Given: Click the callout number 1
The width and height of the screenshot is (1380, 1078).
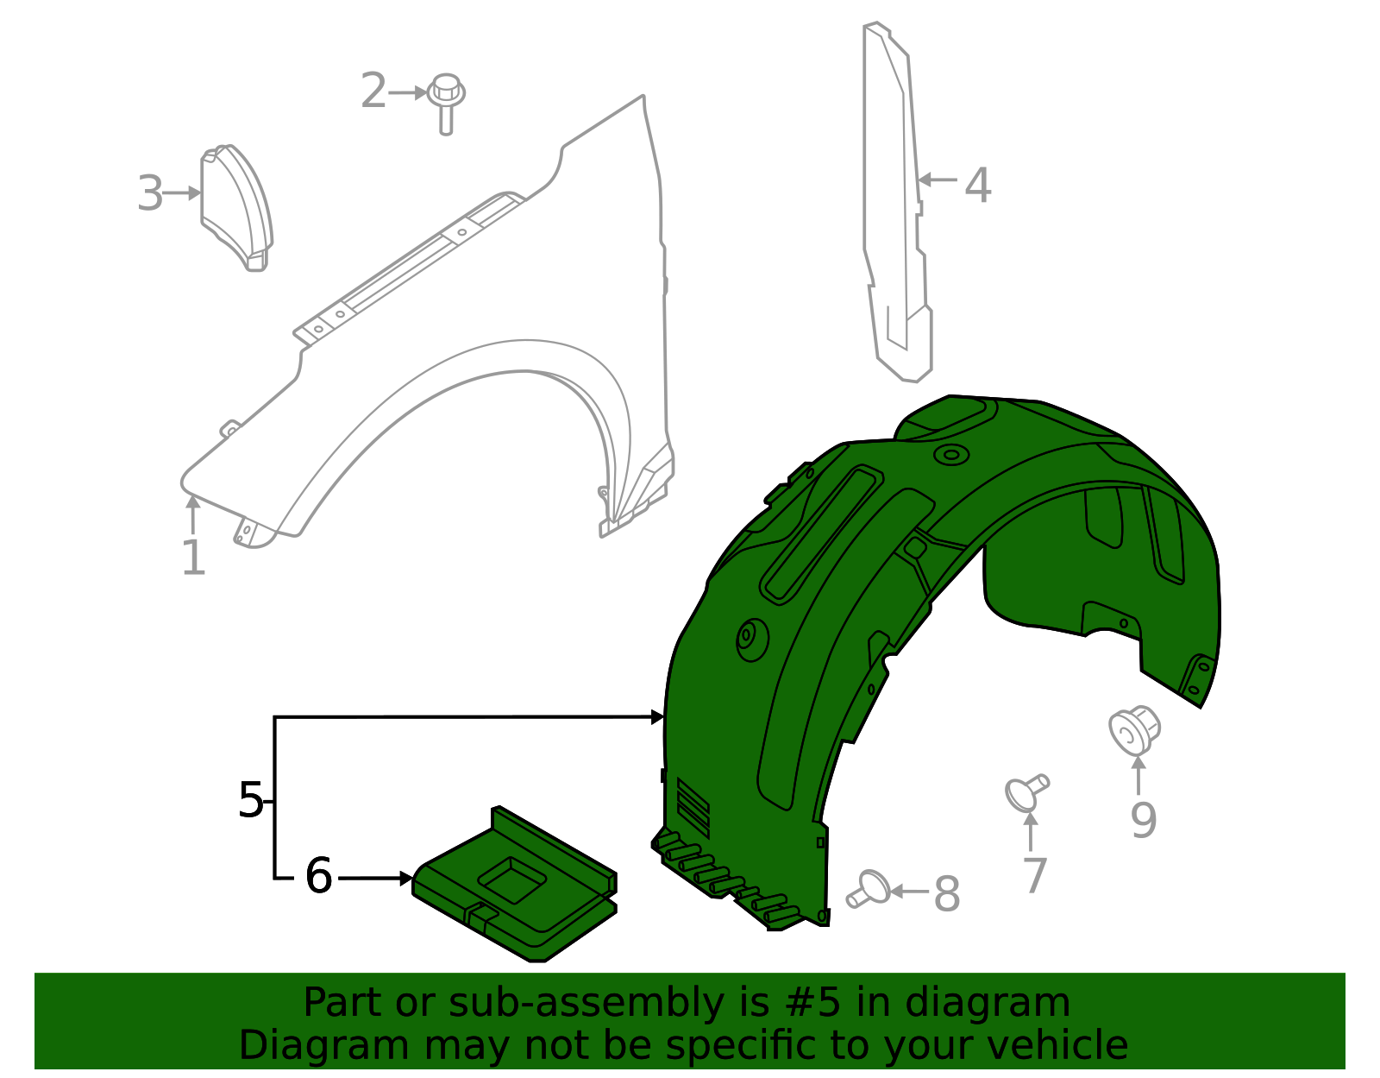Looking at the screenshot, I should [193, 558].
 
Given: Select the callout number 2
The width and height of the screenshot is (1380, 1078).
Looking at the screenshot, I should [373, 91].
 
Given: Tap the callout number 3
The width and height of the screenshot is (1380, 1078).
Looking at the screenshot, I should [150, 193].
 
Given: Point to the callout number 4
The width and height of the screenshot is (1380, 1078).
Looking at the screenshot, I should [977, 185].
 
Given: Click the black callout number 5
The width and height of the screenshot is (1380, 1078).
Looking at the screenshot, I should [250, 800].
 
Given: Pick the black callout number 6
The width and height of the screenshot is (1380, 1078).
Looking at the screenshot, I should [318, 877].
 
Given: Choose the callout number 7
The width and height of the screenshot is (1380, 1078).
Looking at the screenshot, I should [1034, 875].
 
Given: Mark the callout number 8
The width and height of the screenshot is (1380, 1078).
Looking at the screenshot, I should [947, 894].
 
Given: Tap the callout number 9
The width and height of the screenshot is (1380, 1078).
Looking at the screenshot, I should [1144, 820].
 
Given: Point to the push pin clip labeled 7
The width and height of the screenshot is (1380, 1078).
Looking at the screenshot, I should [1026, 792].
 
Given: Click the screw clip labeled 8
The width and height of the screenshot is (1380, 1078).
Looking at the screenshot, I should [869, 889].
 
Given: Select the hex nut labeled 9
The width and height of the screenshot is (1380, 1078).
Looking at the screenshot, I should [1132, 730].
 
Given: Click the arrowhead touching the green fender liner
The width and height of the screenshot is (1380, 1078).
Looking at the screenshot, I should [658, 716].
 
